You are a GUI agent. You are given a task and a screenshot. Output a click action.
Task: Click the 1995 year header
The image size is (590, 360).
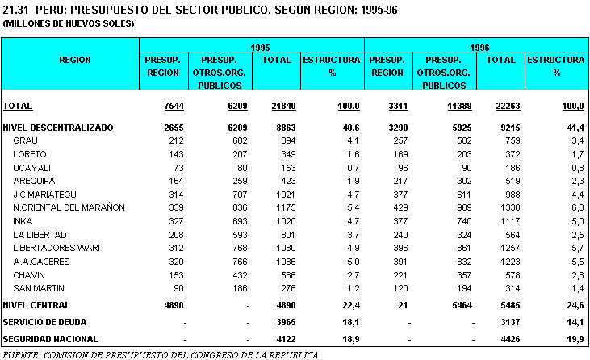tap(260, 48)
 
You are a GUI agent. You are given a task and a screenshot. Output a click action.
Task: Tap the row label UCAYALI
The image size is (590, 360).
tap(31, 167)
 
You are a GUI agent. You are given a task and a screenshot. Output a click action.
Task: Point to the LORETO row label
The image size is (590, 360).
tap(30, 153)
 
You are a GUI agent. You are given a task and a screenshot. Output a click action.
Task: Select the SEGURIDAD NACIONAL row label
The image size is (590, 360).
tap(50, 339)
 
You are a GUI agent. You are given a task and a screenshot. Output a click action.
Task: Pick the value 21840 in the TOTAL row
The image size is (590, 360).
tap(278, 107)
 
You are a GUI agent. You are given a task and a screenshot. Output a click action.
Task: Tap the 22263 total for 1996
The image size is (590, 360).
tap(501, 107)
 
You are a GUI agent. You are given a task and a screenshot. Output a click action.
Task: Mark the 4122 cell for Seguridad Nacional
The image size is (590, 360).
tap(280, 339)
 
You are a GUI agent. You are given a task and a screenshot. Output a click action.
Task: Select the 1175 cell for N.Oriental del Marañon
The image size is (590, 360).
tap(279, 207)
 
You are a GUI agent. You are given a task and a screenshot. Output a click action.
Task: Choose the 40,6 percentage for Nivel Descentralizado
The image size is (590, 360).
tap(349, 128)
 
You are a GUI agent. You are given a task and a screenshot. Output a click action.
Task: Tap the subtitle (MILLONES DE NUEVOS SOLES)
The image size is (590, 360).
tap(69, 24)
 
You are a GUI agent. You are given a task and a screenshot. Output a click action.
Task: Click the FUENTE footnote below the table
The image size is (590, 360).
tap(161, 354)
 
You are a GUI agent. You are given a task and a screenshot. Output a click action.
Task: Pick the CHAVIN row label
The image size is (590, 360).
tap(29, 274)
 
